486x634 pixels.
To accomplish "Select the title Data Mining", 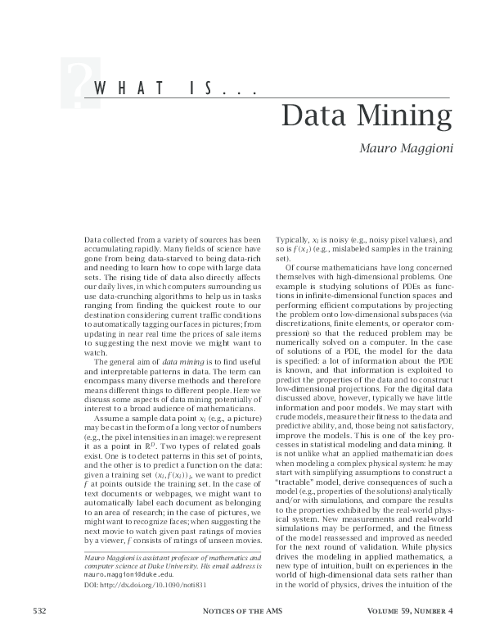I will [x=366, y=117].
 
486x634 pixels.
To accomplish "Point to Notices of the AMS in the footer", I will [x=242, y=611].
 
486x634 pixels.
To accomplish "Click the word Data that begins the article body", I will [x=92, y=238].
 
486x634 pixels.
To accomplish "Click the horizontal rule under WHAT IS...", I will [x=270, y=99].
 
